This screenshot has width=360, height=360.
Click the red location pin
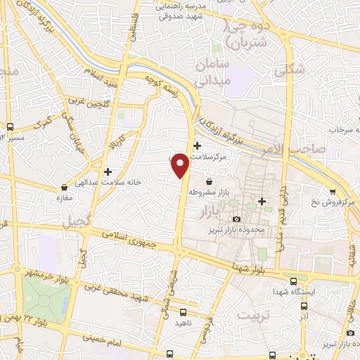click(x=179, y=165)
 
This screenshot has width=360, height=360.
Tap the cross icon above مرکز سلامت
click(x=197, y=146)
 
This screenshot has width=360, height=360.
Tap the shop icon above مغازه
click(x=65, y=188)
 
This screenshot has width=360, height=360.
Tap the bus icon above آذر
click(x=304, y=306)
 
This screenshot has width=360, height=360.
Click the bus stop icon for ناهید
click(x=184, y=312)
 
